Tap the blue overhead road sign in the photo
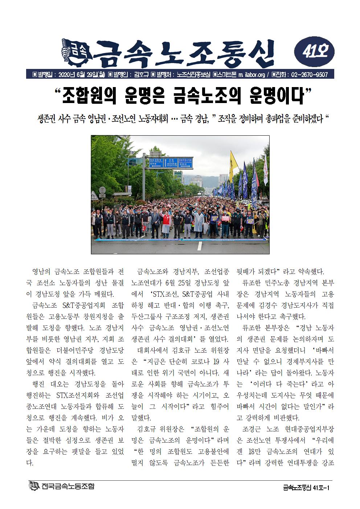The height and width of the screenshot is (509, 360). pyautogui.click(x=171, y=162)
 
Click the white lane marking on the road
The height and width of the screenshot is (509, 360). pyautogui.click(x=199, y=246)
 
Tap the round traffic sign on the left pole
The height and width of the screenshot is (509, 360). pyautogui.click(x=102, y=190)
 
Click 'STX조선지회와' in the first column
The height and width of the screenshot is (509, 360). pyautogui.click(x=77, y=395)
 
